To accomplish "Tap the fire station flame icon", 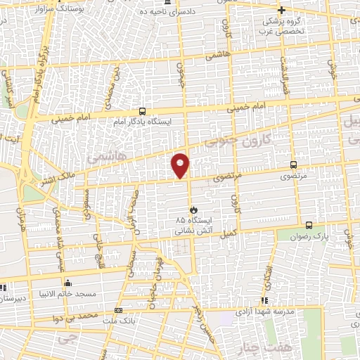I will point(194,210).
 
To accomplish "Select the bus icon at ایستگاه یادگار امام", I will point(143,111).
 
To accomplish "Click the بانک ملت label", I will point(117,320).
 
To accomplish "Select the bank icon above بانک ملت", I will point(118,310).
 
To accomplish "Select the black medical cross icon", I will point(282,10).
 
